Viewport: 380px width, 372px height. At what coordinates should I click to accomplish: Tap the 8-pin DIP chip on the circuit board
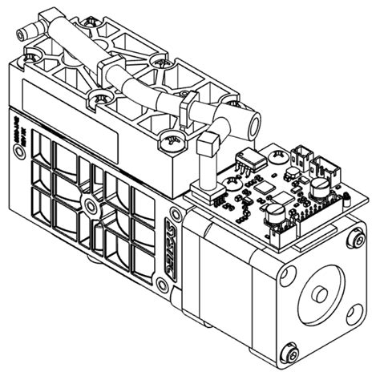(249, 160)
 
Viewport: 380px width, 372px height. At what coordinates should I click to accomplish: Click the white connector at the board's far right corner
(325, 168)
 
